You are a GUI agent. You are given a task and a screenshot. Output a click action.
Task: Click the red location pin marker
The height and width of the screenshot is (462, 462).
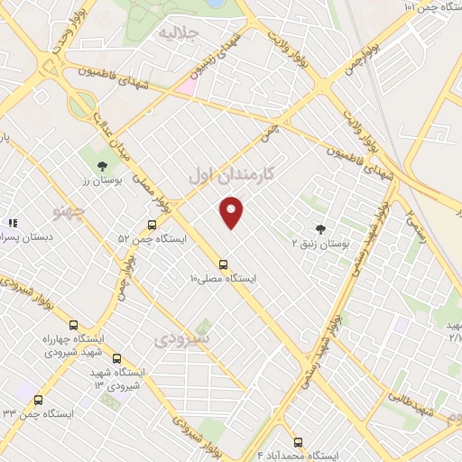click(x=232, y=211)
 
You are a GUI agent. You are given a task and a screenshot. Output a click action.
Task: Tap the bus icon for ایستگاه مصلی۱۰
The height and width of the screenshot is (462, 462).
click(x=223, y=264)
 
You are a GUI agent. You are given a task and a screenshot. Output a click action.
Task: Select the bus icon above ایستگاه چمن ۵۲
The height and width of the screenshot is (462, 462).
click(x=152, y=225)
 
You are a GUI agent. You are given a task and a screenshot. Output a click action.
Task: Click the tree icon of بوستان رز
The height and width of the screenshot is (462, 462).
click(x=103, y=165)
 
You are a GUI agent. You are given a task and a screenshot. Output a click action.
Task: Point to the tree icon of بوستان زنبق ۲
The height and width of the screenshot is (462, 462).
click(x=319, y=229)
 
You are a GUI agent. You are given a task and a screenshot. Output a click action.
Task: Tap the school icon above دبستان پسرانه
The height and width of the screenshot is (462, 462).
click(x=13, y=222)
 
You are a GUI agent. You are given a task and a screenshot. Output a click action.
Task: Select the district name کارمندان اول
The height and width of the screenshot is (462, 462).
click(x=231, y=173)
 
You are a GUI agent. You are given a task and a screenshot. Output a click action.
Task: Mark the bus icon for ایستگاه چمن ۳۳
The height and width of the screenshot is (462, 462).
click(x=38, y=400)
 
